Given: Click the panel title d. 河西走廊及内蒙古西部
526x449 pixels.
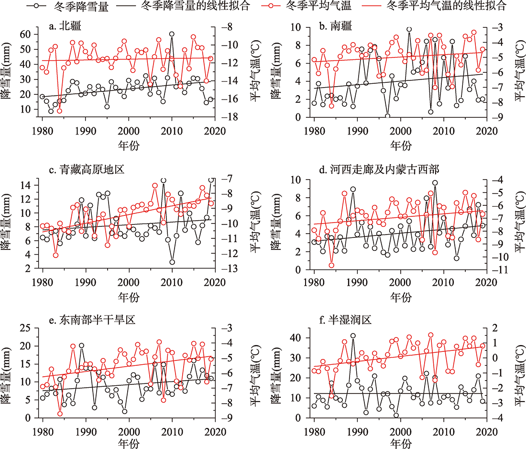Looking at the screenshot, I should point(378,171).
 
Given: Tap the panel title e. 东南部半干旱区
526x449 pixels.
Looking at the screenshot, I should point(91,319).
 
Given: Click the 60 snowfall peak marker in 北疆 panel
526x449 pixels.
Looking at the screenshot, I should point(172,34).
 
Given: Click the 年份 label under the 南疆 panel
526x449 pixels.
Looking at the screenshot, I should point(401,145).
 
